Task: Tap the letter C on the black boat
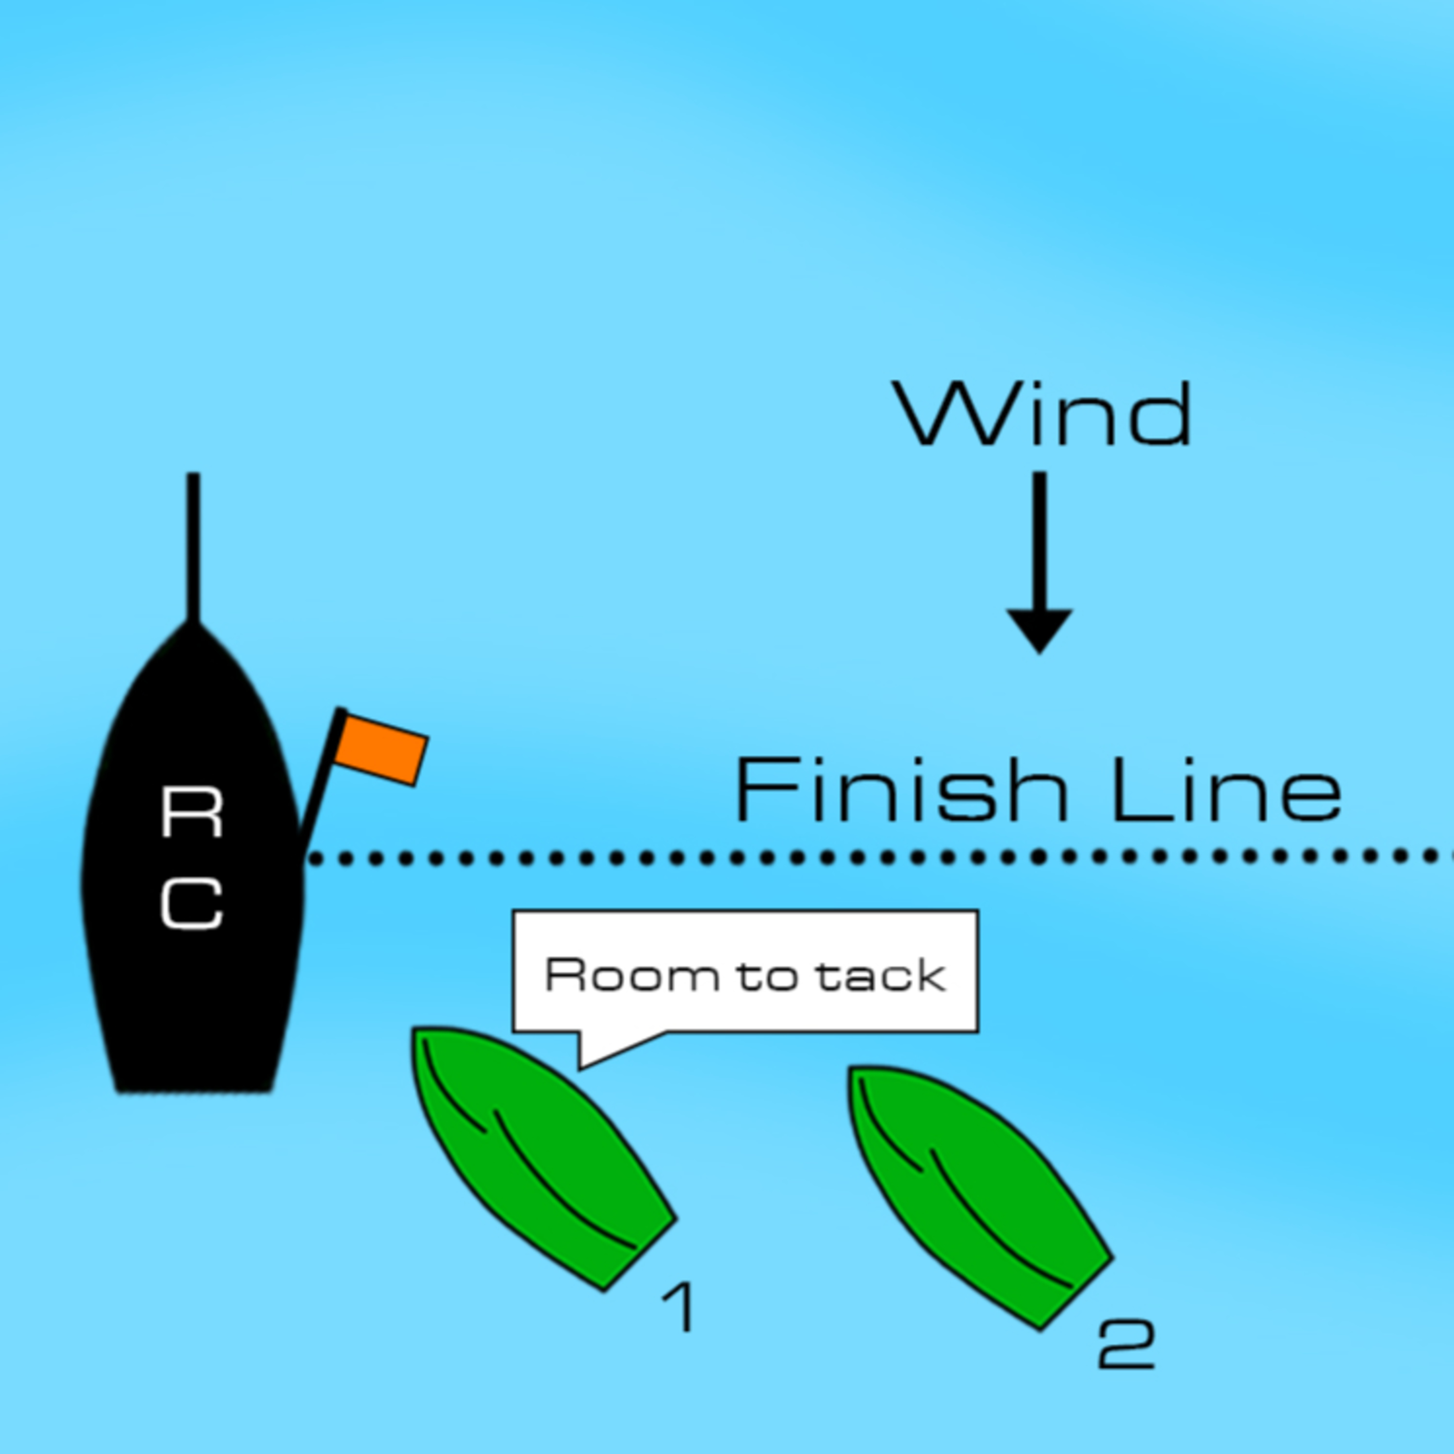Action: pos(192,903)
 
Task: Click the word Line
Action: pos(1226,790)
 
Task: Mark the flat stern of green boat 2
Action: pos(1076,1293)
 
